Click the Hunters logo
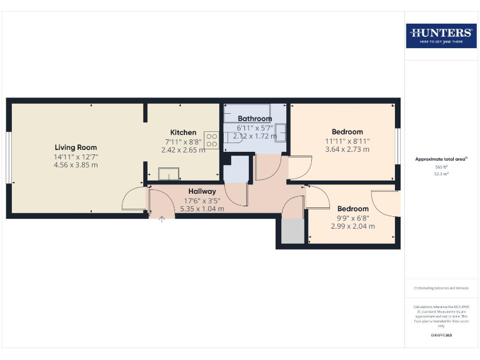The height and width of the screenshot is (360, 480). (441, 36)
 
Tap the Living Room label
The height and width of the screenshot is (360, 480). (75, 147)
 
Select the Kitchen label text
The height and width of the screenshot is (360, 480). (183, 132)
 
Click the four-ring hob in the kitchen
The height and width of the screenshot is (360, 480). (211, 139)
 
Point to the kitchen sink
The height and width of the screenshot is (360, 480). (168, 173)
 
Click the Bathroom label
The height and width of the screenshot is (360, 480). (254, 119)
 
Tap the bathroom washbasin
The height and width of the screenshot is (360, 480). (281, 132)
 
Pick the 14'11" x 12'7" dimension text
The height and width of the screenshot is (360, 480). (75, 156)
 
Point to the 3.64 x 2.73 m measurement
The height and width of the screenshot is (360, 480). (347, 149)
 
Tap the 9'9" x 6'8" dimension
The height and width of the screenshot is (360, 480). (352, 217)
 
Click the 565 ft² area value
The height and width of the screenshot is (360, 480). (441, 167)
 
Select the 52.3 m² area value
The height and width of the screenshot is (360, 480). (441, 174)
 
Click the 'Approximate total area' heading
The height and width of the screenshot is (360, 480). (441, 159)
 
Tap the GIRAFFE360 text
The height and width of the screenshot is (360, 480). (441, 336)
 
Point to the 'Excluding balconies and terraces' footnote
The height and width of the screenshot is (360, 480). (441, 288)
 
